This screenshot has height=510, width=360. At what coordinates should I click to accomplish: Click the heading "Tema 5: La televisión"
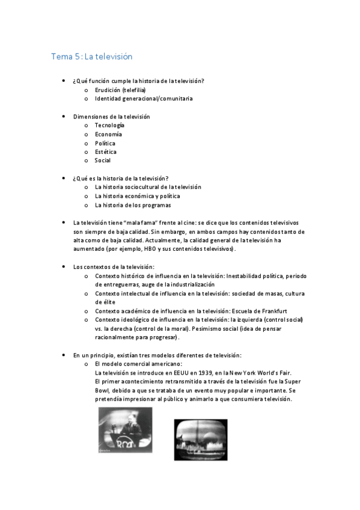click(x=91, y=57)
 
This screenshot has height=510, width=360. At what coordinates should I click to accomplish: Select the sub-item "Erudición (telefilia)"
click(x=120, y=90)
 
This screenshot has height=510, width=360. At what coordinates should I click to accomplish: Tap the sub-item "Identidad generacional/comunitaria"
click(x=143, y=98)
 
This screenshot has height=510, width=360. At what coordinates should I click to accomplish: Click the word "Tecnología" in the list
click(x=109, y=125)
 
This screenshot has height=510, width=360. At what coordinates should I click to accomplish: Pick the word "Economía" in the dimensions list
click(x=108, y=134)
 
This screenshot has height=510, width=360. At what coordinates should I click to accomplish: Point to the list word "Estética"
click(x=106, y=152)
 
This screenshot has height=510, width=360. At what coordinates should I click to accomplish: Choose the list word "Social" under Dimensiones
click(x=103, y=161)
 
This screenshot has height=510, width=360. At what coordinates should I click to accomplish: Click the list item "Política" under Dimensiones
click(x=105, y=143)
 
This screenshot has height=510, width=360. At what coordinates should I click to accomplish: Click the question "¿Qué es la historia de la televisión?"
click(x=120, y=178)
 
